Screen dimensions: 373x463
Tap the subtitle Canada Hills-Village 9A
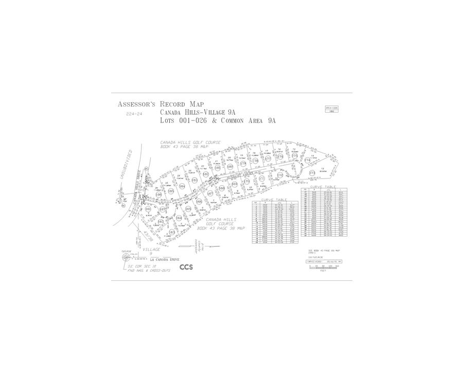coord(198,112)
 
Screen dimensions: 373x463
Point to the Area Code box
coord(332,109)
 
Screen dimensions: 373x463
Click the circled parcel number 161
coord(148,209)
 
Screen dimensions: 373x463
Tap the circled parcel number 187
coord(162,209)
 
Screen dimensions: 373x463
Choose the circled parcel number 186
coord(158,195)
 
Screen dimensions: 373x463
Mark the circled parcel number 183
coord(194,181)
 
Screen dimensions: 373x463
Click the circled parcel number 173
coord(312,173)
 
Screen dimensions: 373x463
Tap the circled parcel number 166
coord(199,202)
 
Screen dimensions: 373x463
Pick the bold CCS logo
coord(186,267)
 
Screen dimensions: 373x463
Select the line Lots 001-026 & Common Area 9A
coord(218,121)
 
